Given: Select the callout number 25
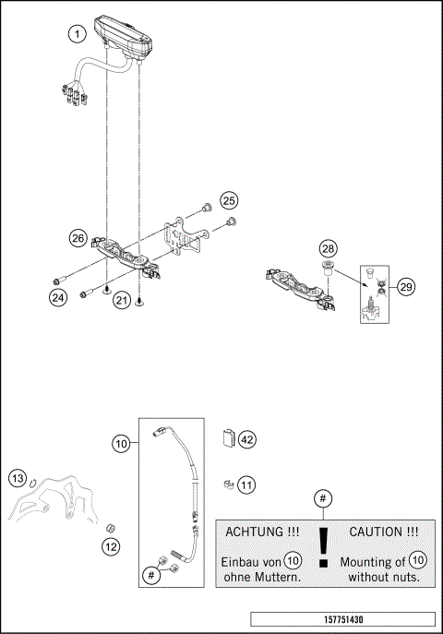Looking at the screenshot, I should (x=228, y=200).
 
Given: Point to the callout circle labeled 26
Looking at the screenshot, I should (x=79, y=238).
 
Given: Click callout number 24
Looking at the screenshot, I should (x=59, y=298).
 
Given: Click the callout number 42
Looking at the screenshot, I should (x=246, y=440).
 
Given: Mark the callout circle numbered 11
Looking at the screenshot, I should (x=246, y=483).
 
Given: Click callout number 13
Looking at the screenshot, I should (x=18, y=478).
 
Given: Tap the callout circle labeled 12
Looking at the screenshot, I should (x=111, y=546).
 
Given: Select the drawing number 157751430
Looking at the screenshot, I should (x=341, y=619).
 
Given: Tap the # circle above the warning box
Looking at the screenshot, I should (x=322, y=499).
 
